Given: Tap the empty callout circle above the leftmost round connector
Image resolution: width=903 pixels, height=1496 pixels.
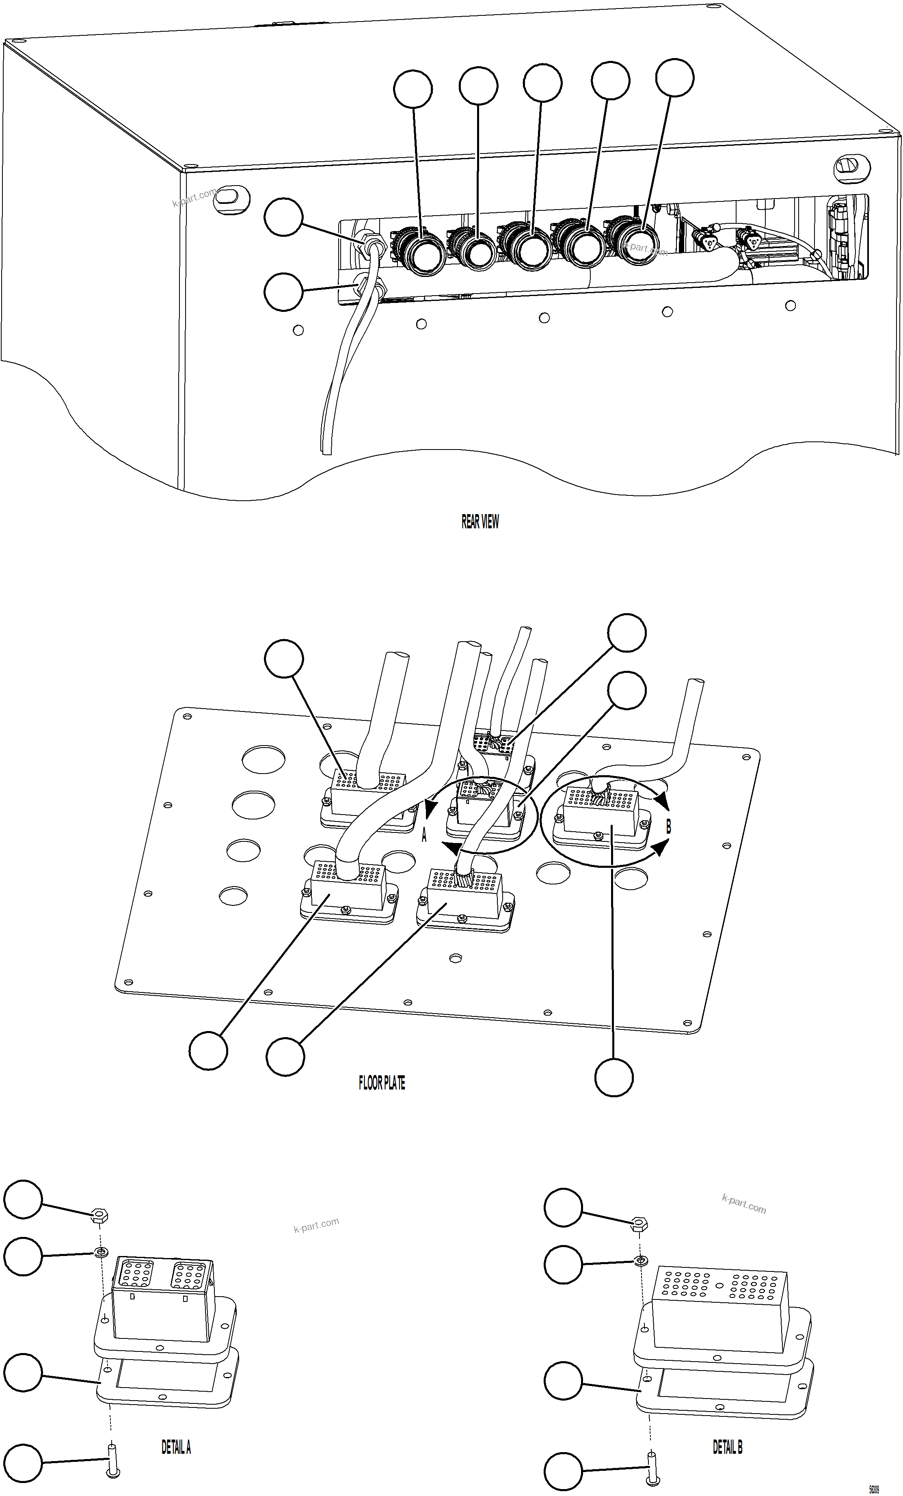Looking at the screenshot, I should [413, 89].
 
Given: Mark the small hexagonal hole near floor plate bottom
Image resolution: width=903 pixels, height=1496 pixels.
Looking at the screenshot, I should [454, 958].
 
